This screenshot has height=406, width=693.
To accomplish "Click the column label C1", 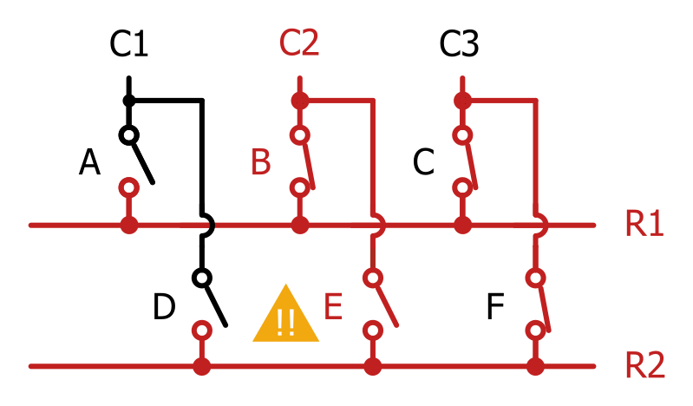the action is tap(128, 44).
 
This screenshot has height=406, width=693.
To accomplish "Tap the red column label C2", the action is tap(299, 43).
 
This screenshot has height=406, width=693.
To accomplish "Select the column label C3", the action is tap(459, 44).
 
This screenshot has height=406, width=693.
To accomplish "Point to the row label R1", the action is tap(644, 224).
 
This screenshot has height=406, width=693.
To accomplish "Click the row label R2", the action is tap(645, 365).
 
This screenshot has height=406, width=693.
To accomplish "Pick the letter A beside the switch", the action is tap(89, 162).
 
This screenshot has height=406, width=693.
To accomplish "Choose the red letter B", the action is tap(261, 162).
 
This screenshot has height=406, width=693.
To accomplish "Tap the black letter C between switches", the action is tap(423, 162).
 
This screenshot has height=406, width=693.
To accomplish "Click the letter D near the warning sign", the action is tap(164, 306).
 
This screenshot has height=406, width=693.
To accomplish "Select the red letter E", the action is tap(333, 306).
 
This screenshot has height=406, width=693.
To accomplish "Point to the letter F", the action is tap(495, 306).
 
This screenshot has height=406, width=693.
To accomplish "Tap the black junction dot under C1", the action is tap(128, 101).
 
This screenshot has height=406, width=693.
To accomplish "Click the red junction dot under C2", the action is tap(299, 101).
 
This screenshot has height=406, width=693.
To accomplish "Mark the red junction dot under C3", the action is tap(462, 101).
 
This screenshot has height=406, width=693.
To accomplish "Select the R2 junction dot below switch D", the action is tap(202, 366).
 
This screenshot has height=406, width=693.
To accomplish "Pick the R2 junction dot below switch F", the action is tap(536, 366).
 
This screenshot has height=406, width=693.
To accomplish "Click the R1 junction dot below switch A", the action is tap(129, 225).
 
